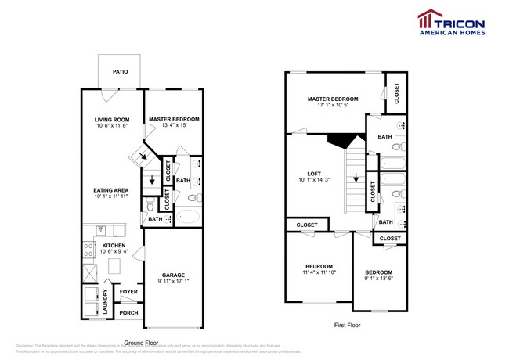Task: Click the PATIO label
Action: click(x=120, y=72)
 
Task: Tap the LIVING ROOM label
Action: click(x=111, y=119)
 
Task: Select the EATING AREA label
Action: click(x=111, y=190)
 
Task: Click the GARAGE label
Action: click(x=173, y=275)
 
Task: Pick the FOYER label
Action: click(x=127, y=293)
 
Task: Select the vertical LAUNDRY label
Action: click(x=106, y=303)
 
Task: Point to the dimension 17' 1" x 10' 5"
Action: click(x=333, y=106)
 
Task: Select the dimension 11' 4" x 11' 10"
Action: click(x=319, y=272)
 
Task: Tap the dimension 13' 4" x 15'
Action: click(x=174, y=125)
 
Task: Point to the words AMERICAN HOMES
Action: click(x=453, y=32)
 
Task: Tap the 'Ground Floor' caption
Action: click(x=142, y=343)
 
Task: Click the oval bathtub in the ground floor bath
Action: click(x=189, y=217)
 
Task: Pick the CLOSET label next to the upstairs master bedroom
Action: click(x=396, y=92)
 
